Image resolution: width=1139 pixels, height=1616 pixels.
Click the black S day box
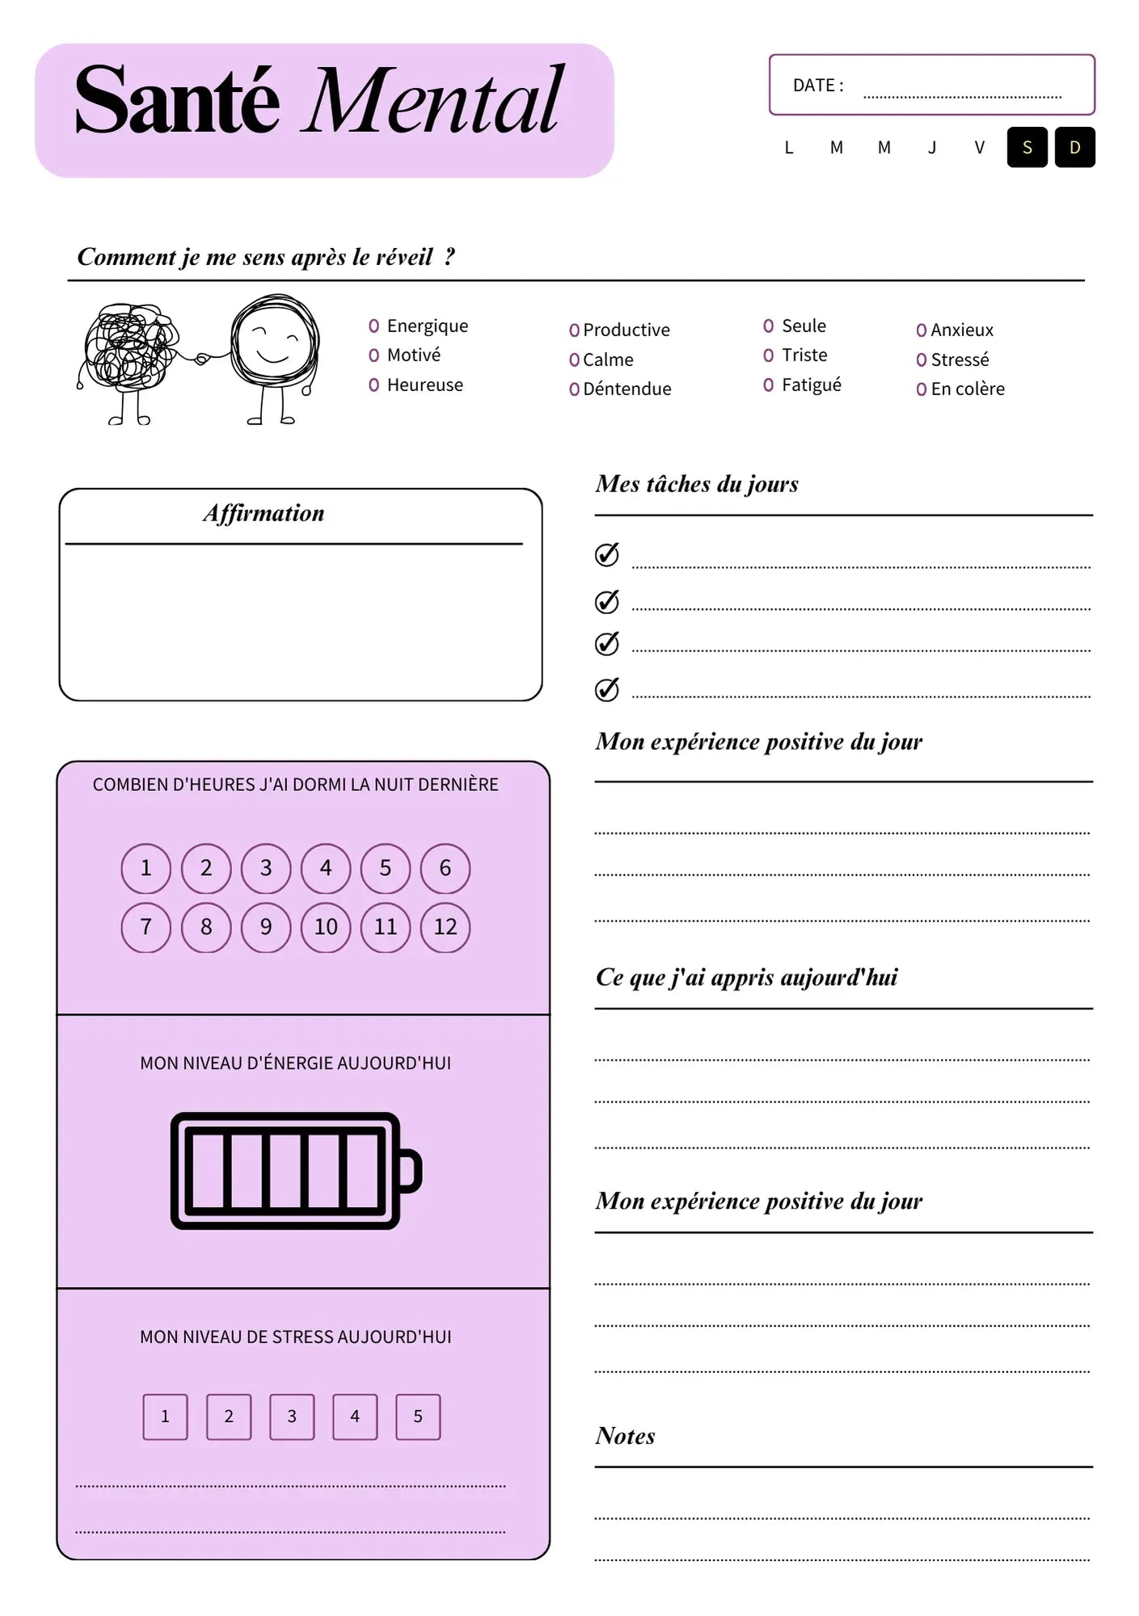[x=1027, y=147]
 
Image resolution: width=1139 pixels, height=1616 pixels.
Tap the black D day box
[x=1074, y=147]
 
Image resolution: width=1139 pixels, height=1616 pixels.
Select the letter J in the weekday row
[x=932, y=148]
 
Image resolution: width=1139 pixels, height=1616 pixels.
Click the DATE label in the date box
[x=817, y=86]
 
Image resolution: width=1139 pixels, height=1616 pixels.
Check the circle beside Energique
[x=373, y=326]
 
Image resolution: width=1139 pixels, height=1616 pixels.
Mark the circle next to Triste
[x=768, y=355]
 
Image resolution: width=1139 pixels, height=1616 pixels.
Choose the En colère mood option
[x=967, y=389]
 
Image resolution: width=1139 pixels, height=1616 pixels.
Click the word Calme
[x=608, y=360]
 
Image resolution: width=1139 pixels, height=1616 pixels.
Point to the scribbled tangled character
[x=129, y=347]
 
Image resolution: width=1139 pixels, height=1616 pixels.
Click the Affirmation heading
[x=264, y=513]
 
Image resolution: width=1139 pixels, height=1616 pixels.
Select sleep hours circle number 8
[x=206, y=927]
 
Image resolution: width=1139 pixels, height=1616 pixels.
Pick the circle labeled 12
[x=445, y=927]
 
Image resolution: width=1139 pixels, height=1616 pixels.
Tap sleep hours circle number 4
[x=326, y=868]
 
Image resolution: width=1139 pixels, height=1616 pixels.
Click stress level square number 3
[x=292, y=1416]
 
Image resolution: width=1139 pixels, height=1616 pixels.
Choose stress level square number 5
[x=418, y=1416]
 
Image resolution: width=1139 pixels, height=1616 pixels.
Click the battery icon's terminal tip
[x=411, y=1170]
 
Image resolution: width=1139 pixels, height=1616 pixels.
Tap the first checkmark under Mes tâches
[x=607, y=554]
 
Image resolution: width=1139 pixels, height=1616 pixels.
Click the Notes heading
[x=625, y=1436]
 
